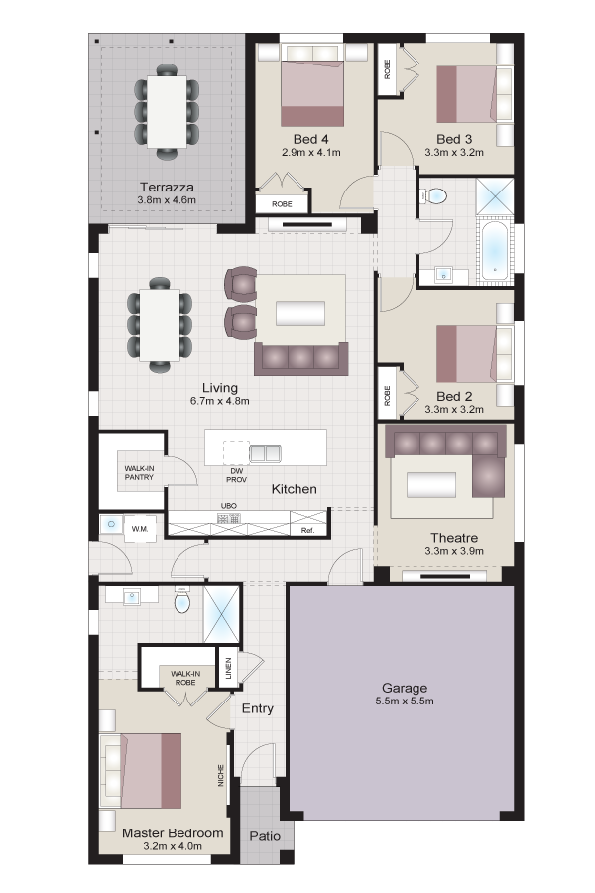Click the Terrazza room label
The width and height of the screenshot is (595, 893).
tap(167, 187)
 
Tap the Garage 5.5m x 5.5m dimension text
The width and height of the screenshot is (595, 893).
tap(405, 702)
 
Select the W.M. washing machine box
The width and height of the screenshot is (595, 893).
tap(140, 529)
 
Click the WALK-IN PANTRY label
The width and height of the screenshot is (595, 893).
tap(139, 473)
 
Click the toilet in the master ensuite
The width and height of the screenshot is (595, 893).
tap(182, 601)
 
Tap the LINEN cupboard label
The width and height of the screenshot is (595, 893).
tap(228, 669)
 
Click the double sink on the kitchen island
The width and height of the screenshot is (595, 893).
tap(265, 453)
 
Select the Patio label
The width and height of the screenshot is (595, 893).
tap(265, 836)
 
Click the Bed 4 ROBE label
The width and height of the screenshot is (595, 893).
tap(282, 203)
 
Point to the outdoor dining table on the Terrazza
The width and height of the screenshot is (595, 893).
tap(167, 111)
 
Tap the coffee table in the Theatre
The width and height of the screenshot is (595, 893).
tap(431, 486)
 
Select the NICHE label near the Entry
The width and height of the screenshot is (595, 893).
tap(221, 776)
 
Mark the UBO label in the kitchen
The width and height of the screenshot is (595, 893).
tap(228, 506)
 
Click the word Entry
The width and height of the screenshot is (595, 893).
tap(258, 708)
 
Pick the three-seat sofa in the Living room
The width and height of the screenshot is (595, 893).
tap(300, 358)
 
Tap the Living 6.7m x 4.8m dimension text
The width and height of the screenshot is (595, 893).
tap(220, 401)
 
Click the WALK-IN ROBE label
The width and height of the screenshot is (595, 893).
tap(185, 678)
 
